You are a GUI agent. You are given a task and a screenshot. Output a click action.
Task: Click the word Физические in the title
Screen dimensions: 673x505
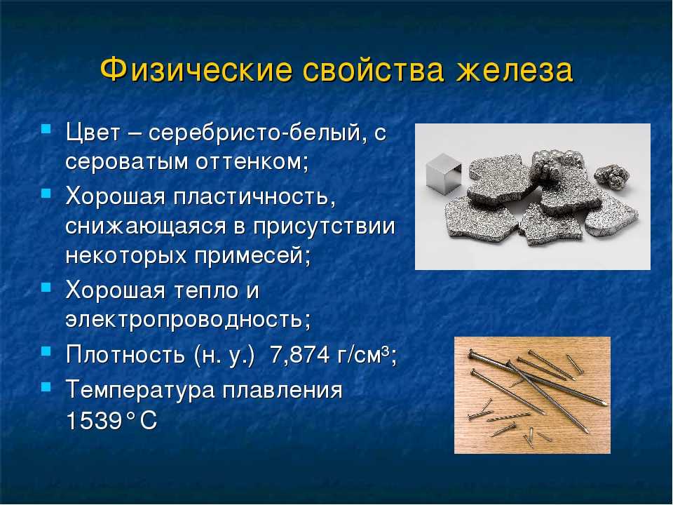(x=196, y=69)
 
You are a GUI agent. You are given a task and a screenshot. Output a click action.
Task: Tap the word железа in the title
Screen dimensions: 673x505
(x=514, y=70)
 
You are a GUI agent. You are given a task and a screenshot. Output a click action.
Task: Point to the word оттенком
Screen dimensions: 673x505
(x=252, y=162)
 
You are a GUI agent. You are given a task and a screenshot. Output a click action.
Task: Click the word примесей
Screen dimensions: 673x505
(x=252, y=257)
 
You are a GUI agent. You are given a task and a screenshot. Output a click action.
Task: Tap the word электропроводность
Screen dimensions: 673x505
(x=188, y=320)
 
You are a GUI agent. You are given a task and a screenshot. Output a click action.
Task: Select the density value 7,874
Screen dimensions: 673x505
(x=299, y=355)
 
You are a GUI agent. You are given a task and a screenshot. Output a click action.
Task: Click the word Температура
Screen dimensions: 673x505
(x=140, y=391)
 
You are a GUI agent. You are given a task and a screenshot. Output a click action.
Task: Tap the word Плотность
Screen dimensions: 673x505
(x=125, y=355)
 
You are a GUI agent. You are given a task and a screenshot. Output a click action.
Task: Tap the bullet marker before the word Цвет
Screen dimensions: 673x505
(x=46, y=128)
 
